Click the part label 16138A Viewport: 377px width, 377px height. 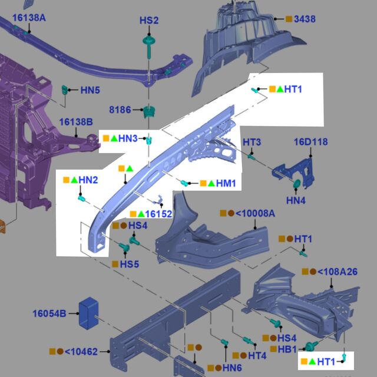click(x=29, y=18)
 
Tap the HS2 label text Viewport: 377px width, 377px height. click(x=149, y=21)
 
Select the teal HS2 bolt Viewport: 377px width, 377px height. click(x=149, y=47)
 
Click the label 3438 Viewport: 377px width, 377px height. click(x=305, y=19)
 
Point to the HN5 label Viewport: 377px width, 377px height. click(x=90, y=90)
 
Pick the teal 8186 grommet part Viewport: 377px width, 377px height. click(x=149, y=111)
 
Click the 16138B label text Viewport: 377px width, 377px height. click(x=76, y=122)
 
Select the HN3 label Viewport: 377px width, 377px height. click(x=128, y=138)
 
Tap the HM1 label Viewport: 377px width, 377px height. click(x=226, y=183)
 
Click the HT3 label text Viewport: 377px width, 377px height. click(x=252, y=142)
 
